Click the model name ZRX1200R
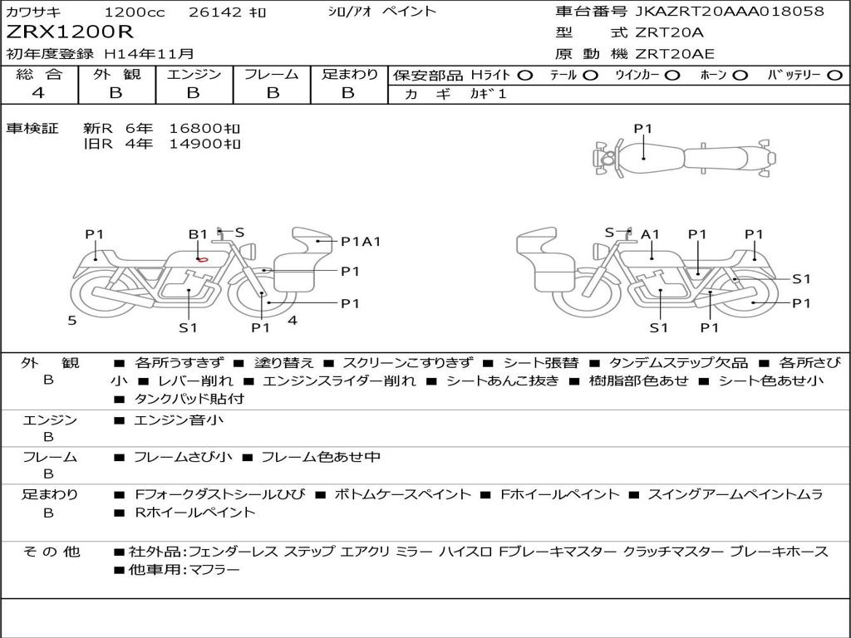point(70,32)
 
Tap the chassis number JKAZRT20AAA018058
point(730,11)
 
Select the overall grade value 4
point(38,93)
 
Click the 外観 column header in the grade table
point(116,74)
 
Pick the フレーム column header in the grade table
point(272,74)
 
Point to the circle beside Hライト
point(525,76)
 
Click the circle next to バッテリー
point(835,76)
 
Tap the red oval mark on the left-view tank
point(203,259)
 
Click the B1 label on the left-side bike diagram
point(198,234)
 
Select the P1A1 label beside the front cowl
point(361,242)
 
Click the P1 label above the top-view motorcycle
point(642,129)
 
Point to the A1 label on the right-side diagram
point(650,234)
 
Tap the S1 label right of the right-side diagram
point(801,279)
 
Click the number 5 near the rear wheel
point(72,321)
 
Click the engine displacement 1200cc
point(135,12)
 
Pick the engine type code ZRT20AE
point(675,54)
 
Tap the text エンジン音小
point(179,420)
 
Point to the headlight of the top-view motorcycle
point(608,159)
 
